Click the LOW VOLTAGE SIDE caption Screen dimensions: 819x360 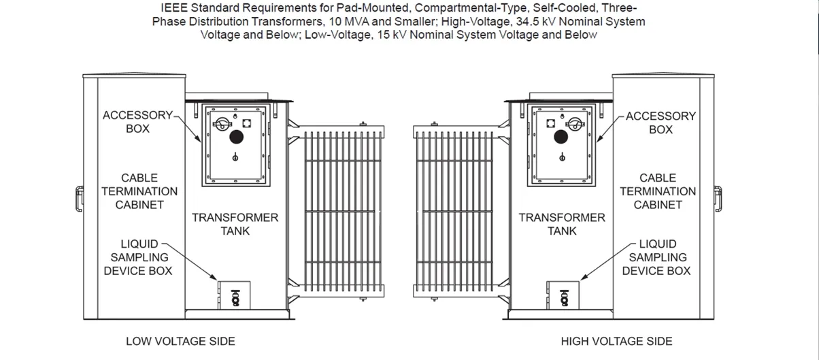click(x=180, y=342)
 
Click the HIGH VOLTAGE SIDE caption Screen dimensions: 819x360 click(x=616, y=342)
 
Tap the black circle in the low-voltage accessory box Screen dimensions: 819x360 click(x=236, y=137)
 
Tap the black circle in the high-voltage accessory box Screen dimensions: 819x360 click(x=561, y=137)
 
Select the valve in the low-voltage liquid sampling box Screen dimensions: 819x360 click(x=235, y=298)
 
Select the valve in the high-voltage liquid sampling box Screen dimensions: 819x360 click(x=564, y=298)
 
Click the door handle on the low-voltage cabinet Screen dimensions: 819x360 click(x=80, y=199)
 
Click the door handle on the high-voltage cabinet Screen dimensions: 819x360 click(x=718, y=199)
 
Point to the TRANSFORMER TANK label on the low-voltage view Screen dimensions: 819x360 click(x=235, y=225)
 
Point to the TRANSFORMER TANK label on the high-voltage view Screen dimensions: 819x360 click(x=562, y=225)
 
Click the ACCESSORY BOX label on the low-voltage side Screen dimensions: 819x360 click(x=137, y=122)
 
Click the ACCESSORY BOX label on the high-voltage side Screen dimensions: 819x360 click(x=661, y=122)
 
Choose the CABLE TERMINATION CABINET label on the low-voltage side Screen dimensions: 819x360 click(x=139, y=191)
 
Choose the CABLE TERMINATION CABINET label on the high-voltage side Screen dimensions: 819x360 click(x=658, y=191)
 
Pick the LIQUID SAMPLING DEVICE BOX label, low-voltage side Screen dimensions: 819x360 click(x=138, y=257)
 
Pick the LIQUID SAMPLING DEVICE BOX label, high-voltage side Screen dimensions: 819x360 click(x=656, y=257)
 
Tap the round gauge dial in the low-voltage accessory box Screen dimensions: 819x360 click(x=222, y=124)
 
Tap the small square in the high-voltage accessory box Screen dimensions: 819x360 click(x=550, y=123)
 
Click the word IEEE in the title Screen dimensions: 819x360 click(x=174, y=7)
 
